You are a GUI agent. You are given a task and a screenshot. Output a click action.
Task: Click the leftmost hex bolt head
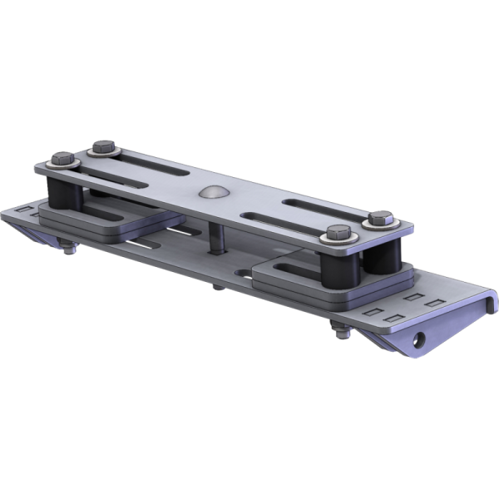coord(62,156)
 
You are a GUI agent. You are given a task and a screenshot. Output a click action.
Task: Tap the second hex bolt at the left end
coord(104,147)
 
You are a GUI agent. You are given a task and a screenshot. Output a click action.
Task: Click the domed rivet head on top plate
coord(212,191)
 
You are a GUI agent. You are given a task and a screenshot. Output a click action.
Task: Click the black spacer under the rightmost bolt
coord(384,258)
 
